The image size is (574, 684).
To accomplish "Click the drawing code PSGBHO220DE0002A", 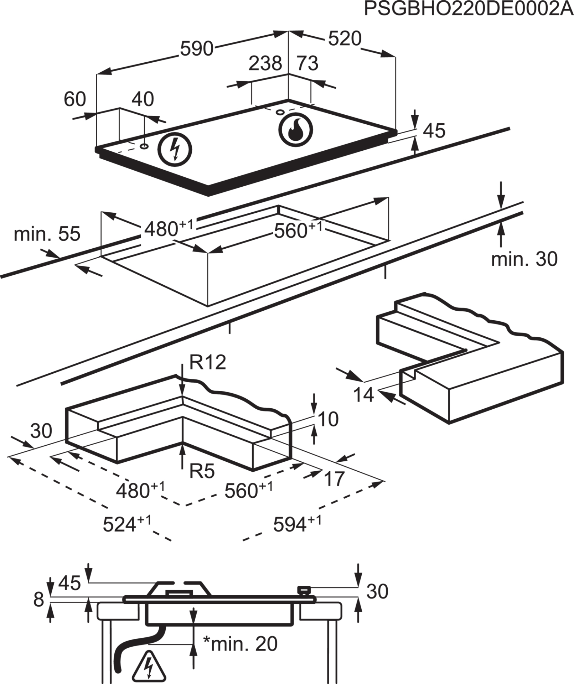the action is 468,9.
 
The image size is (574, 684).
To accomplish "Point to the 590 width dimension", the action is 197,48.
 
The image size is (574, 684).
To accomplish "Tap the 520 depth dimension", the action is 345,38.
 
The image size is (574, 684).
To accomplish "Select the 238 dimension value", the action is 265,63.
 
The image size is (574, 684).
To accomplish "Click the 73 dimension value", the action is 307,63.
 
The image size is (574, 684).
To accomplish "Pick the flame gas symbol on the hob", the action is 295,129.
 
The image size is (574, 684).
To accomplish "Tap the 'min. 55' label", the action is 47,234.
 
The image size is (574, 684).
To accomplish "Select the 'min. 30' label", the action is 524,259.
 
